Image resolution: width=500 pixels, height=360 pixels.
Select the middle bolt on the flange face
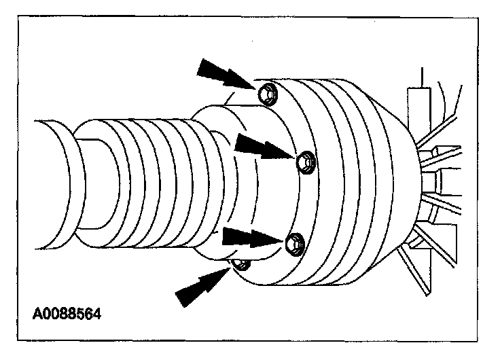pyautogui.click(x=304, y=160)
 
